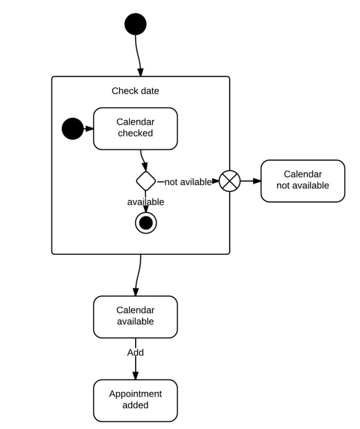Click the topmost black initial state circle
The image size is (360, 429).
click(x=135, y=24)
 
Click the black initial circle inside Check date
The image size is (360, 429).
click(x=72, y=128)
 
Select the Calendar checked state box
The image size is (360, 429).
click(x=135, y=128)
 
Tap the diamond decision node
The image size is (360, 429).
click(x=145, y=182)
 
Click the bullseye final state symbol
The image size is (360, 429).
click(x=145, y=223)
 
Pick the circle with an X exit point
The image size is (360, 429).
click(x=230, y=182)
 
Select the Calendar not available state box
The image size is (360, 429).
click(x=302, y=180)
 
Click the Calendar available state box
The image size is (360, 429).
click(x=135, y=316)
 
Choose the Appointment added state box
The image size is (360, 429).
click(x=135, y=400)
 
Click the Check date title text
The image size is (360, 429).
click(x=135, y=90)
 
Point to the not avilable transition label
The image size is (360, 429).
click(x=188, y=182)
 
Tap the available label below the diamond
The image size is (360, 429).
click(x=145, y=201)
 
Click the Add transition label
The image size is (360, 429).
click(x=135, y=352)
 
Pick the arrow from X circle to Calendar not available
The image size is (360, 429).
click(x=250, y=182)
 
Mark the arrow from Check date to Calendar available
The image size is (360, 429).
click(x=138, y=274)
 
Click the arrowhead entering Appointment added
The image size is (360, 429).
click(x=135, y=375)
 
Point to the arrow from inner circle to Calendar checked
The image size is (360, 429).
click(x=88, y=128)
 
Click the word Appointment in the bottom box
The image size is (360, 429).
click(x=135, y=394)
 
